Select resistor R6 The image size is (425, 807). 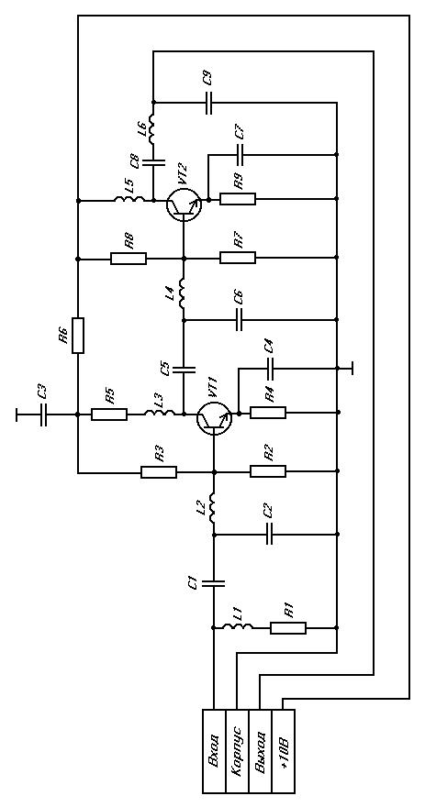78,336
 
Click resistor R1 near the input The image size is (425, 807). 288,628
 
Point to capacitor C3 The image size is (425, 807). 43,414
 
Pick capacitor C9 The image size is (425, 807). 208,103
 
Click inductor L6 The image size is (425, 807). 153,128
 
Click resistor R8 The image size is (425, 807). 129,258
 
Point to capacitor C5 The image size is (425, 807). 184,369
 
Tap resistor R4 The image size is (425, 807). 268,413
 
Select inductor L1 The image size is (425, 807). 238,627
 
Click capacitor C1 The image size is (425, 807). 214,583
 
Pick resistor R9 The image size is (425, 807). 238,199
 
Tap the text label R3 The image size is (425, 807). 159,453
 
